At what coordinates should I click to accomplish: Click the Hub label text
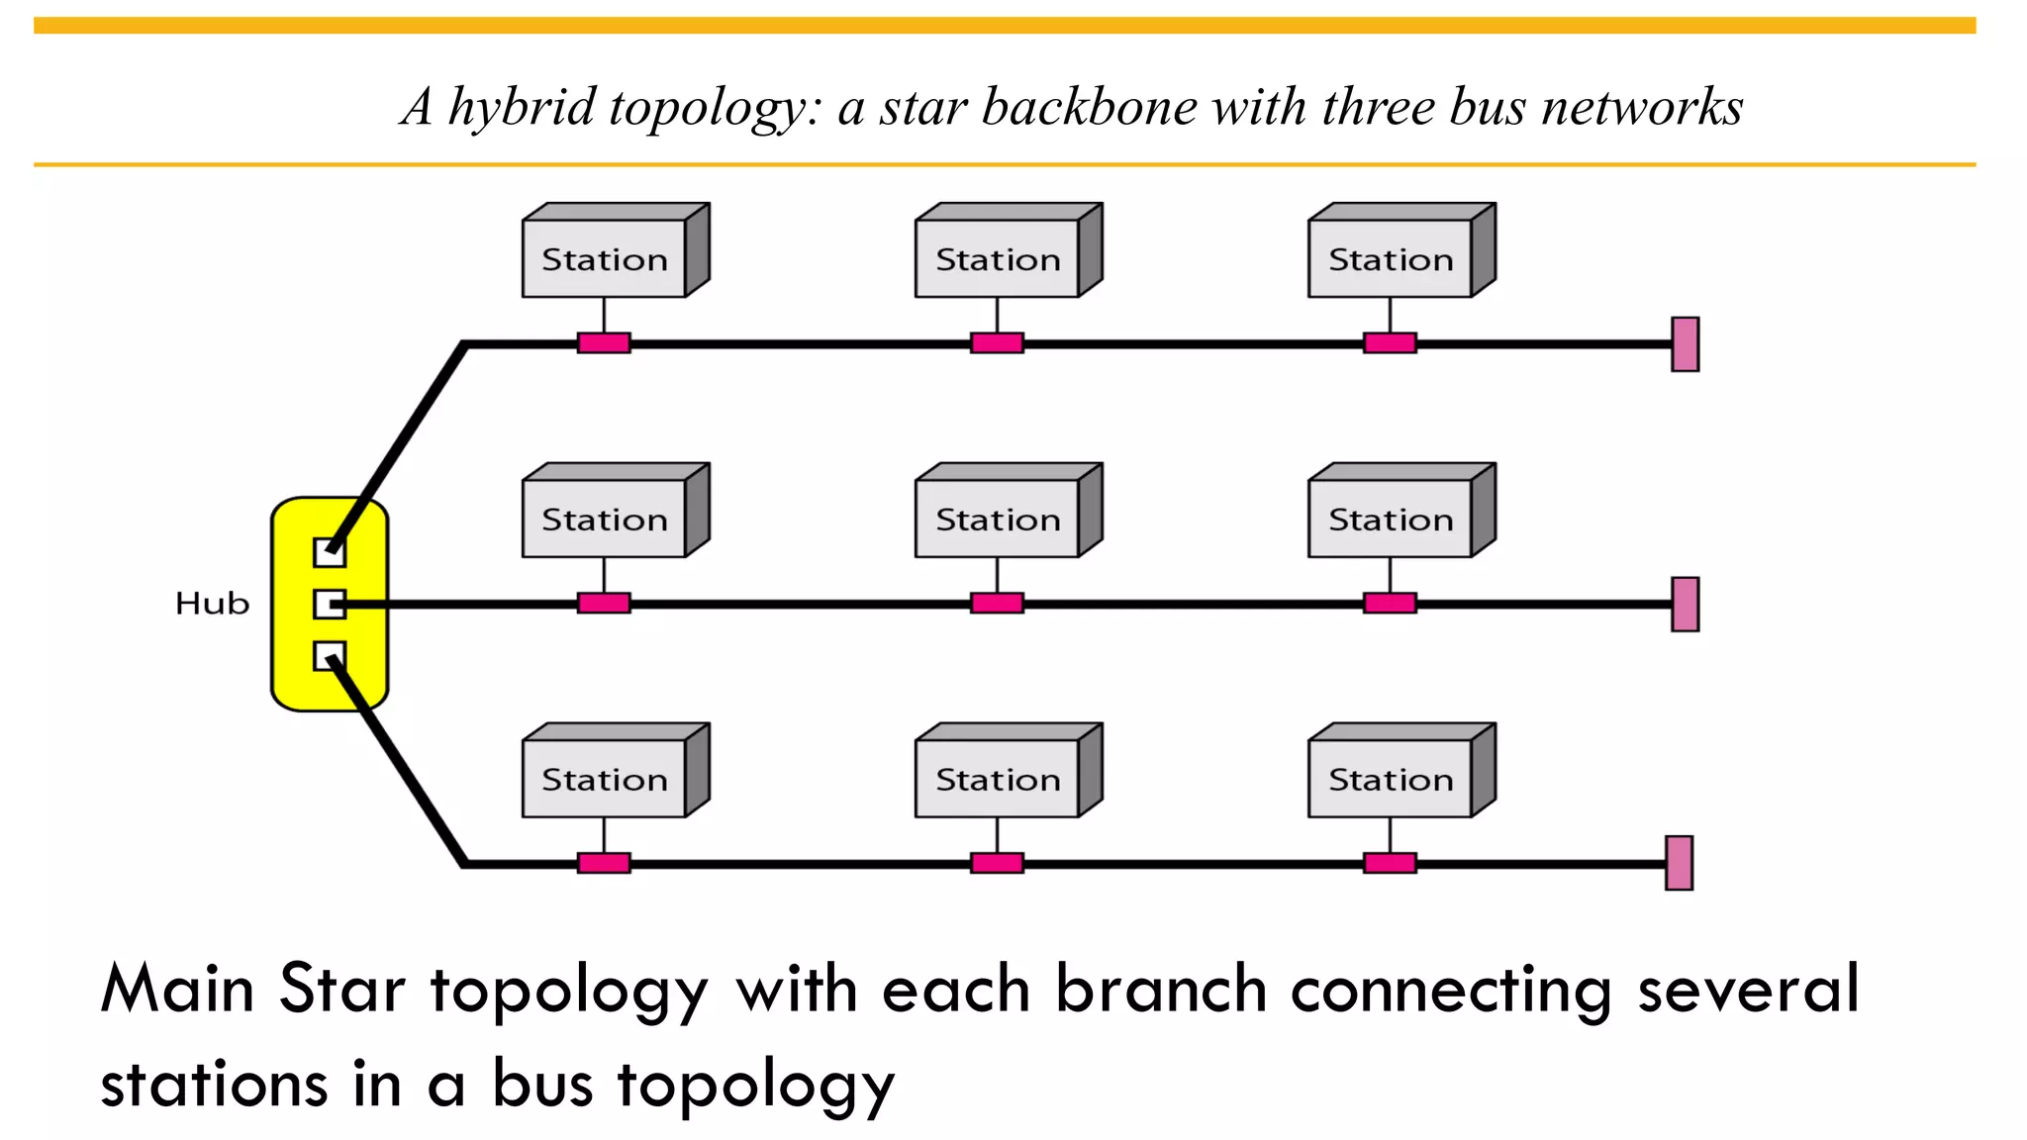click(x=212, y=603)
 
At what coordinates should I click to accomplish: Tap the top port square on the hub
click(x=330, y=552)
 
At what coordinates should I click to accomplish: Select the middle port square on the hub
click(x=330, y=604)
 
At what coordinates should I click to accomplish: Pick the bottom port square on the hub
click(x=330, y=656)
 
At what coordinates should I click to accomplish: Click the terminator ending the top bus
click(x=1685, y=344)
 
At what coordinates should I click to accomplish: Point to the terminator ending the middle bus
click(x=1685, y=604)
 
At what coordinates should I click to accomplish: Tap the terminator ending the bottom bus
click(x=1679, y=863)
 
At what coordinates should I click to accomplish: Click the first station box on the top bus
click(x=605, y=258)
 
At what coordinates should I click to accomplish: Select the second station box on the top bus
click(x=998, y=258)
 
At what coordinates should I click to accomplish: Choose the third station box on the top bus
click(x=1391, y=258)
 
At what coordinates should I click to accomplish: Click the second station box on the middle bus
click(x=998, y=519)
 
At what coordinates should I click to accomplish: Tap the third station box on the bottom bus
click(x=1391, y=779)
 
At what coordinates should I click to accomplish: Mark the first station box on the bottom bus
click(x=605, y=779)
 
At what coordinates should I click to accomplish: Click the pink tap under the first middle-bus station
click(x=604, y=603)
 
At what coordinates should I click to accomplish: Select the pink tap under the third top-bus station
click(x=1390, y=343)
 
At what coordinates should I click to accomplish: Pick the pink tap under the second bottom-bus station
click(x=997, y=863)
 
